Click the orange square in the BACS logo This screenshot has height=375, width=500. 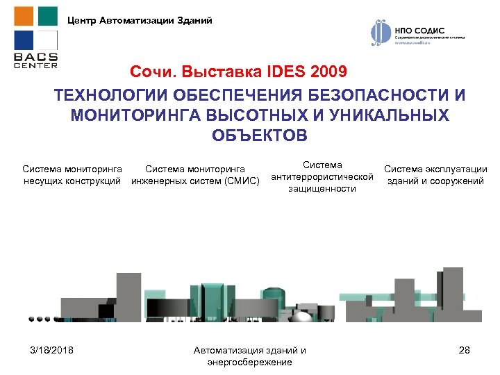point(23,16)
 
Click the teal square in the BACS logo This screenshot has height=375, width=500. point(47,16)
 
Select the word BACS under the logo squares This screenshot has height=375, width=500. point(35,57)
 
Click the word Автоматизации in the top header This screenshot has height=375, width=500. point(131,20)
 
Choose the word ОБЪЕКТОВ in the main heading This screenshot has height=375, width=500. point(259,134)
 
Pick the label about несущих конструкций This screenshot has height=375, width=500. point(72,175)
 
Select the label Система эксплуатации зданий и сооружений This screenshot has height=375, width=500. point(435,175)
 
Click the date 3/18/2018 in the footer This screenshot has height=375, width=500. point(53,350)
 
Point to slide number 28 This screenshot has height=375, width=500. point(465,350)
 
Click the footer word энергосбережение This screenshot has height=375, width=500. point(250,362)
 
